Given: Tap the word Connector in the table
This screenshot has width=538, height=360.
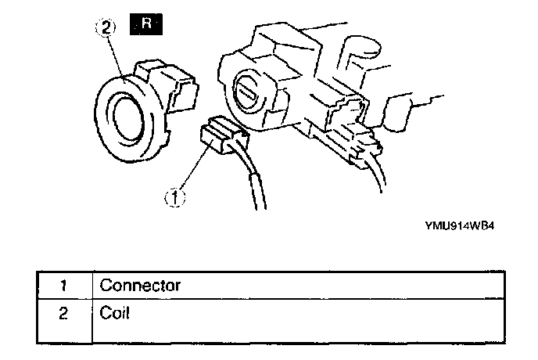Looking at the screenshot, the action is pyautogui.click(x=140, y=285).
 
